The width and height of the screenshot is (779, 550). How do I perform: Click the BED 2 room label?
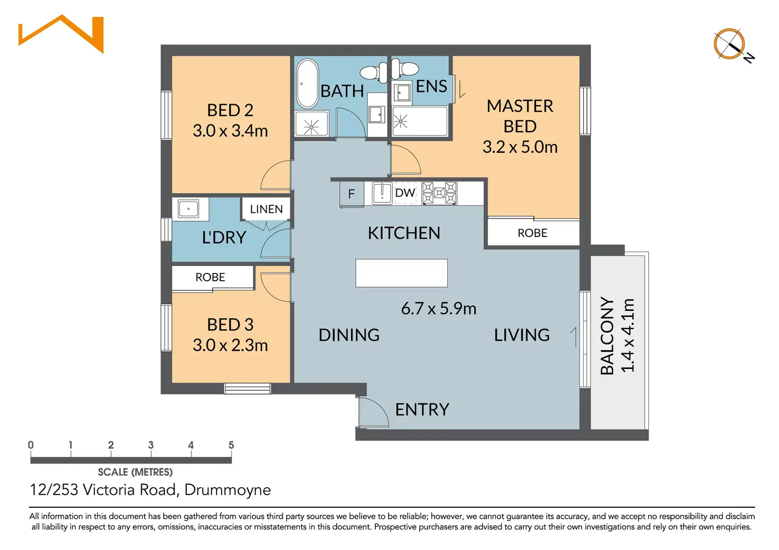(x=230, y=110)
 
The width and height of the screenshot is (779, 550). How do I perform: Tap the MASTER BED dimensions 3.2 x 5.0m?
(x=520, y=147)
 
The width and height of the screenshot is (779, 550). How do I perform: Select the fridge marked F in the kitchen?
(x=351, y=194)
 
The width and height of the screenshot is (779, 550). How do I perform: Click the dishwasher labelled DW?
(x=405, y=193)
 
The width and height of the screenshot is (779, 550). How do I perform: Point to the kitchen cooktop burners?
(x=439, y=193)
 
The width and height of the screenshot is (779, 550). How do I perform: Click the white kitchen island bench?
(x=401, y=273)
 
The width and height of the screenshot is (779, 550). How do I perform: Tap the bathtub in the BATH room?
(x=306, y=83)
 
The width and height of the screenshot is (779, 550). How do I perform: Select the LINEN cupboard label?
(x=266, y=209)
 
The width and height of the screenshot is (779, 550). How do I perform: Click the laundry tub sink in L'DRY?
(x=188, y=208)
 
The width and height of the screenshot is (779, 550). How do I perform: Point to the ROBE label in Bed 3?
(x=210, y=277)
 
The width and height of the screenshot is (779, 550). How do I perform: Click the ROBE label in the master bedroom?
(x=532, y=233)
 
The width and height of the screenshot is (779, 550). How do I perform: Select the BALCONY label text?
(x=608, y=336)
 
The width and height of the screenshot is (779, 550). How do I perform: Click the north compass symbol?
(x=730, y=44)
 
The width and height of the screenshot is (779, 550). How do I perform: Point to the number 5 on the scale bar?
(x=231, y=445)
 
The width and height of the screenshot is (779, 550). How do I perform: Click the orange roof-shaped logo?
(x=61, y=33)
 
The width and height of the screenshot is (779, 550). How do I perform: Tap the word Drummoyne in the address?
(x=228, y=490)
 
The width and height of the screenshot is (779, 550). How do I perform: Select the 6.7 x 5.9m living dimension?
(x=438, y=308)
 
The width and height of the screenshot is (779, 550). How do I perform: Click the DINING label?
(x=349, y=335)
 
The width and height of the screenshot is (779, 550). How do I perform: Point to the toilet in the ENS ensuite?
(x=405, y=69)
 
